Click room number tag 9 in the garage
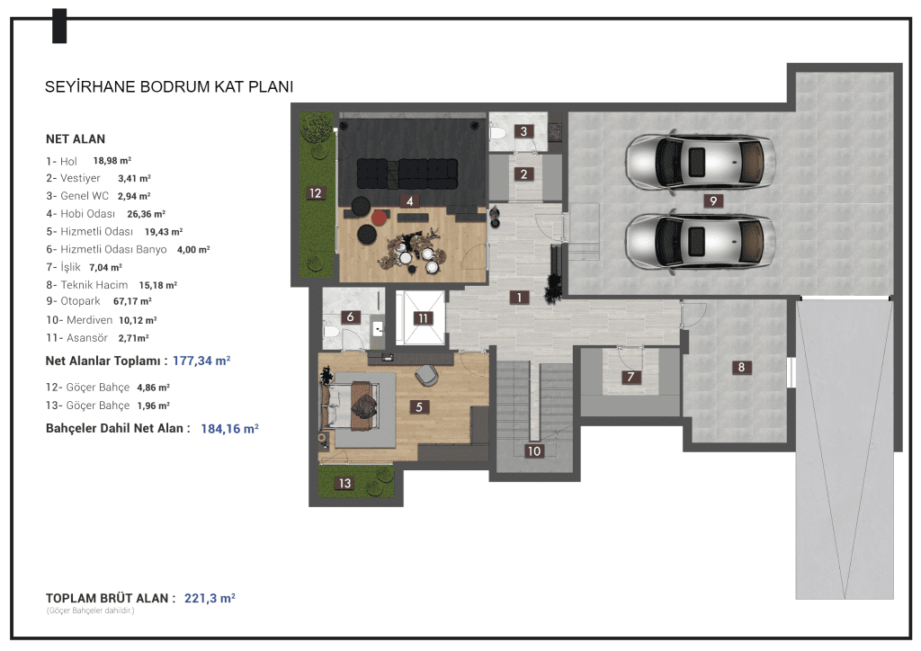pos(713,201)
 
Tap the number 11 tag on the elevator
pos(423,318)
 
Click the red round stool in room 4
pos(380,218)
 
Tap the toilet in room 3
pos(497,133)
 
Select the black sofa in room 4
pos(407,174)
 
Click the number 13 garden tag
pos(344,483)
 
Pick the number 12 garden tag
pos(316,193)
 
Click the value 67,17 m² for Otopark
pos(132,301)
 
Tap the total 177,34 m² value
pos(201,361)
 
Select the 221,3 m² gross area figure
pos(210,598)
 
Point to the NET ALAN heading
pos(76,139)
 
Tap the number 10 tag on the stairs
pos(534,450)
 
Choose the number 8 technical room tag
pos(741,368)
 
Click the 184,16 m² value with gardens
pos(229,429)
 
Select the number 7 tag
pos(630,377)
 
